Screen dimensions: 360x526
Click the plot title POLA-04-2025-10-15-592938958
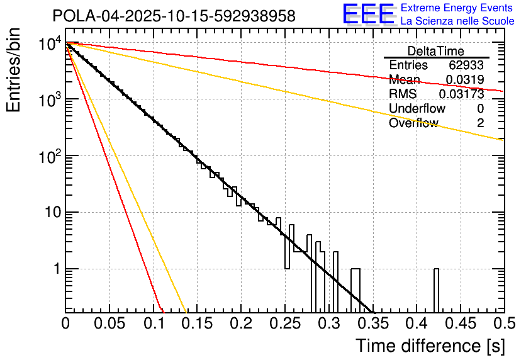(x=174, y=16)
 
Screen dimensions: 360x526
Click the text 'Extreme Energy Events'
(x=456, y=9)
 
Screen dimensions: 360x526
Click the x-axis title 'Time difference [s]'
(x=429, y=346)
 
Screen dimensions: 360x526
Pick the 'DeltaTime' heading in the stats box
(x=435, y=51)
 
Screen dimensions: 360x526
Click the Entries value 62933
(x=466, y=65)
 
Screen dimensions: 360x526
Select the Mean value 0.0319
(x=464, y=80)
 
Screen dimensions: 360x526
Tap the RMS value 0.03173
(x=462, y=94)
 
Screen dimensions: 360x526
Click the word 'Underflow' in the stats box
(x=417, y=109)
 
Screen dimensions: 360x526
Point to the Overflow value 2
(x=480, y=123)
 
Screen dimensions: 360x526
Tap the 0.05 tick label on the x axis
(x=109, y=323)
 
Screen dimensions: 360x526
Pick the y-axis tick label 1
(x=55, y=269)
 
